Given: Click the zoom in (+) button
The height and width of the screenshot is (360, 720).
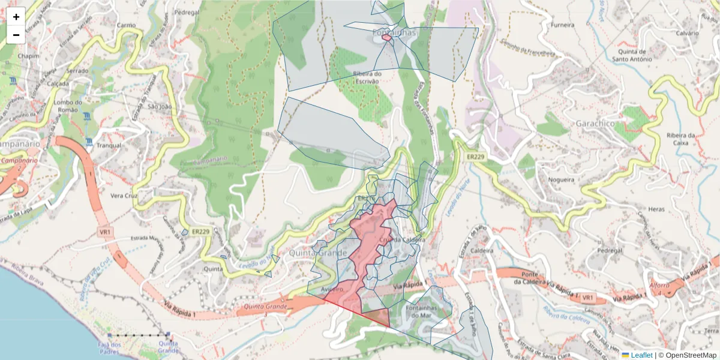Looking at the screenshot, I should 16,17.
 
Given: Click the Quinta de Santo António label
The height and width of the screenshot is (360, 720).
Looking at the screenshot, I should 632,55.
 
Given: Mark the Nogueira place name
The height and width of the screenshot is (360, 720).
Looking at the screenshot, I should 561,179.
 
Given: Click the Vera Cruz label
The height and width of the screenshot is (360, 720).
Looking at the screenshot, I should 124,196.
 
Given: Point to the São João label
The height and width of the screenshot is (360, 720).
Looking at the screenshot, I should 160,107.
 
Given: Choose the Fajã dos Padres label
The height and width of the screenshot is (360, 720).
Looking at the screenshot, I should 109,348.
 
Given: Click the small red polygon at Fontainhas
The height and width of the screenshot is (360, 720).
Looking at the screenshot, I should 386,37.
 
